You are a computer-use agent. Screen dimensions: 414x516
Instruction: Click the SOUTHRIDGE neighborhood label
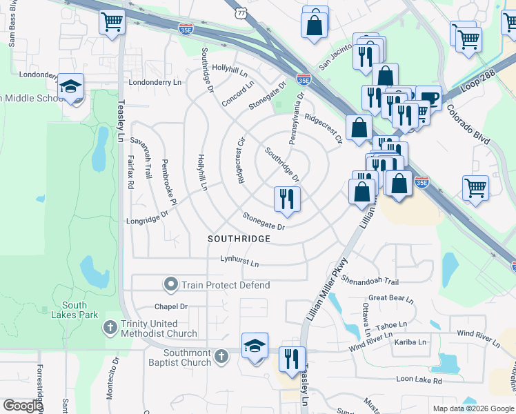click(x=239, y=239)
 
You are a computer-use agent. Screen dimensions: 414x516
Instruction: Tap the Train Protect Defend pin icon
click(x=170, y=284)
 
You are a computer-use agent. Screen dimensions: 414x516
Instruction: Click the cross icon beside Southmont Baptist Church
click(x=221, y=357)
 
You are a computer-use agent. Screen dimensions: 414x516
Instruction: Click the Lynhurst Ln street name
click(x=239, y=263)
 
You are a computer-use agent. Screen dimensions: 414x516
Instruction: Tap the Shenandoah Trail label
click(x=370, y=282)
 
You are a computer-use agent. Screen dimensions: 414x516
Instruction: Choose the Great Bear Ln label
click(x=390, y=299)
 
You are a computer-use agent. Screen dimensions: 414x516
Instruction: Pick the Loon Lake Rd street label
click(x=418, y=379)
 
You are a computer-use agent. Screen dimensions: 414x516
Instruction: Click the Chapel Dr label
click(x=171, y=306)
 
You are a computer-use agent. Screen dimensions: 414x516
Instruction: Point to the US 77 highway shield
click(x=240, y=12)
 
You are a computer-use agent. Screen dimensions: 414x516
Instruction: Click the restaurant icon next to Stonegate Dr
click(x=286, y=199)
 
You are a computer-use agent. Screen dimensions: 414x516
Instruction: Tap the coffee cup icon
click(x=428, y=99)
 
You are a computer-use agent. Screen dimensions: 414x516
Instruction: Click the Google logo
click(x=23, y=406)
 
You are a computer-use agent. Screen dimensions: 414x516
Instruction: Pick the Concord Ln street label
click(x=238, y=93)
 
